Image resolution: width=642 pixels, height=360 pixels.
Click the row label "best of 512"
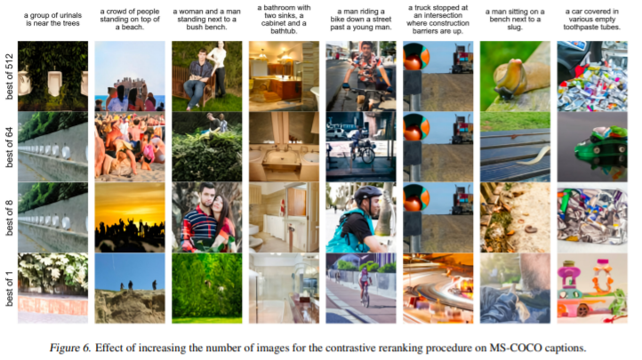tap(9, 76)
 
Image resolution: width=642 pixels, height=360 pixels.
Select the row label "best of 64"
tap(9, 148)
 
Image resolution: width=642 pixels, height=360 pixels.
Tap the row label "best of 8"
tap(9, 218)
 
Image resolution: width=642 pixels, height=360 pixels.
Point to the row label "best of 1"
tap(9, 288)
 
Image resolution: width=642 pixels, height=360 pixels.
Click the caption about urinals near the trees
tap(52, 20)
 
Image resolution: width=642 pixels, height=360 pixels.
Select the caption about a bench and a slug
tap(515, 20)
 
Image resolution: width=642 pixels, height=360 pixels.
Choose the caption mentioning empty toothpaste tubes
tap(592, 20)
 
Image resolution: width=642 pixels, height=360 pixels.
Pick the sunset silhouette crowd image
tap(130, 217)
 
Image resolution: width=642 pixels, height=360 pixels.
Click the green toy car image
tap(592, 147)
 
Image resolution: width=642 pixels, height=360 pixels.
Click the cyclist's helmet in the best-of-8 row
tap(367, 195)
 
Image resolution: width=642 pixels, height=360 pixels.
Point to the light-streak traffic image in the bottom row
tap(438, 288)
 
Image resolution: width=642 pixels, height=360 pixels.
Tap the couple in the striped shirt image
tap(207, 217)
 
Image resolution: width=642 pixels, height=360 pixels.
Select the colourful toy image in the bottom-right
tap(592, 288)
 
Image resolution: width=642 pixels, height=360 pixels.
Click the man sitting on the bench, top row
tap(197, 77)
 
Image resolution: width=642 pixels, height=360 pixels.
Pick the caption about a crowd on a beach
tap(130, 20)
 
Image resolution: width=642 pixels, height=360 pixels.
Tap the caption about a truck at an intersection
tap(437, 20)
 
